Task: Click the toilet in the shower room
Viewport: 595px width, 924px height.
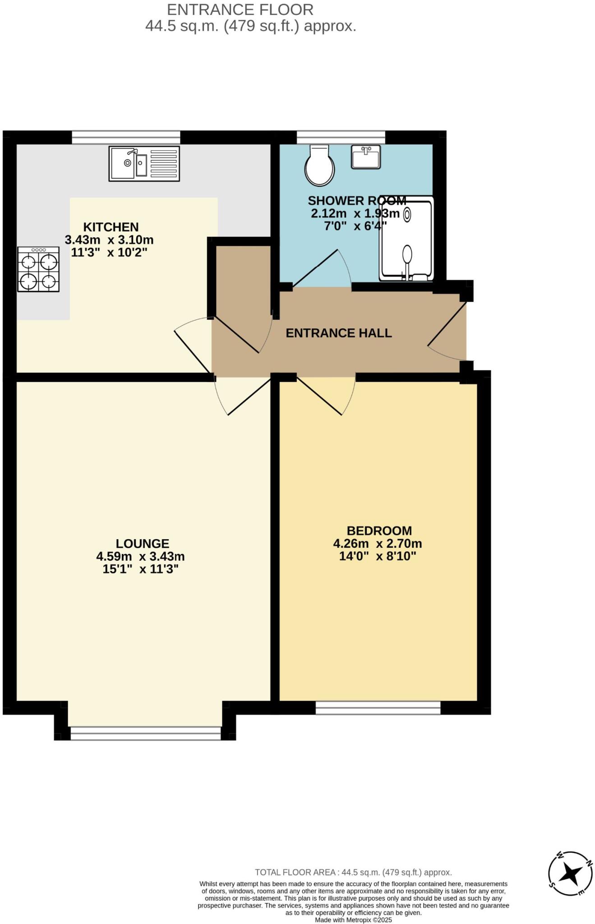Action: click(x=319, y=166)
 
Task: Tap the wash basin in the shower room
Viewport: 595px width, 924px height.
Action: click(x=365, y=157)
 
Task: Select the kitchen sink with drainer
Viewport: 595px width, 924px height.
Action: click(x=144, y=164)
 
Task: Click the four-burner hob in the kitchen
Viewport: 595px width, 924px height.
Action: click(x=38, y=269)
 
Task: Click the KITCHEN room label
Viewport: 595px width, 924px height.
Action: click(x=111, y=227)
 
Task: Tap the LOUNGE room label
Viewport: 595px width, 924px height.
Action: click(x=142, y=544)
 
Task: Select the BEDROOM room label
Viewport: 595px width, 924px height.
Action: click(x=379, y=531)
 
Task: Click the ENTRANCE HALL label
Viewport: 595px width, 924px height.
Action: click(x=338, y=333)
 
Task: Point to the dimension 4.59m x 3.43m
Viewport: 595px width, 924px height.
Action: click(x=140, y=556)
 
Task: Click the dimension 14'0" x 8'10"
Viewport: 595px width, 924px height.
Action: click(x=377, y=556)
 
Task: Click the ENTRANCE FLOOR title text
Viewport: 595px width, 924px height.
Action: click(x=240, y=9)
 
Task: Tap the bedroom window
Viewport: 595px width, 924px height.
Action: click(x=378, y=707)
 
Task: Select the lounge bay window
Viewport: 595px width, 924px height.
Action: click(x=145, y=733)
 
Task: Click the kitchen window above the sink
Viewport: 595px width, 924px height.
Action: click(x=126, y=137)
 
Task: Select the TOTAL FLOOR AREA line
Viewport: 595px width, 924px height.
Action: click(x=353, y=872)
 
